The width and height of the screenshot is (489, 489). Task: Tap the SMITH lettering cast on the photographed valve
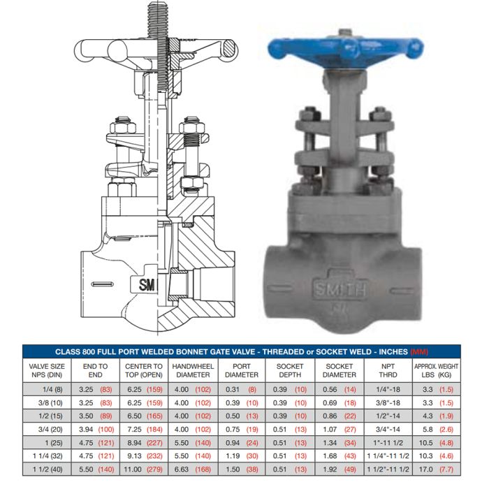[340, 289]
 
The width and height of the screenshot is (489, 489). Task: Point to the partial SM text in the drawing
[147, 284]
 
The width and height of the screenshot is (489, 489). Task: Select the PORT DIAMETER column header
[242, 370]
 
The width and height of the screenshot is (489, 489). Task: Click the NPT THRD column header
[388, 370]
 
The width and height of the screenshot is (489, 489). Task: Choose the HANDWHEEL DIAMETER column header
[193, 370]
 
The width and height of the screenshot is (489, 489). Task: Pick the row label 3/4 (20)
[50, 430]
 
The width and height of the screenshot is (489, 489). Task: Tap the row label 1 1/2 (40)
[48, 469]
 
